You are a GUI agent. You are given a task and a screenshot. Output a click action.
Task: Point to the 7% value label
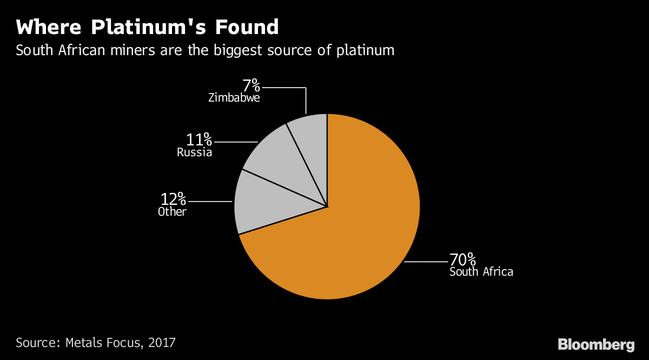(x=251, y=85)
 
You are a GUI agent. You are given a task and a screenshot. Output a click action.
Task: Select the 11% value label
(x=198, y=140)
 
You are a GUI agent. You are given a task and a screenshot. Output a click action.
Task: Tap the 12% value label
(x=173, y=199)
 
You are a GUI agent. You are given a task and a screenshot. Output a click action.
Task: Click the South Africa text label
(x=481, y=271)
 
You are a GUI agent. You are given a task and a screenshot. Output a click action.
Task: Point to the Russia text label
(x=194, y=153)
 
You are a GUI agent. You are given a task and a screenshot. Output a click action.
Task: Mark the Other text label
(x=172, y=212)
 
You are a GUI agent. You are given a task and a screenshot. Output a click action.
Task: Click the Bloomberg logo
(x=595, y=344)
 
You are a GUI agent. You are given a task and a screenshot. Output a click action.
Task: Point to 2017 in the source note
(x=162, y=342)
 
